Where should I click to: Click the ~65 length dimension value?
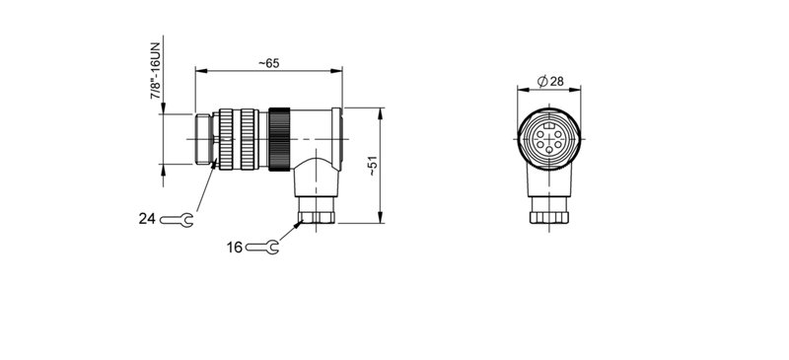pyautogui.click(x=268, y=63)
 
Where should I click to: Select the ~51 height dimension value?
pyautogui.click(x=372, y=164)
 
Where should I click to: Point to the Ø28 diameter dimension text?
pyautogui.click(x=549, y=81)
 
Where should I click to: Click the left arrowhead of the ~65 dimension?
pyautogui.click(x=199, y=71)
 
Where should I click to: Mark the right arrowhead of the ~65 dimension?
pyautogui.click(x=337, y=71)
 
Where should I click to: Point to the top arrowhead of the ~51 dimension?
pyautogui.click(x=381, y=111)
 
